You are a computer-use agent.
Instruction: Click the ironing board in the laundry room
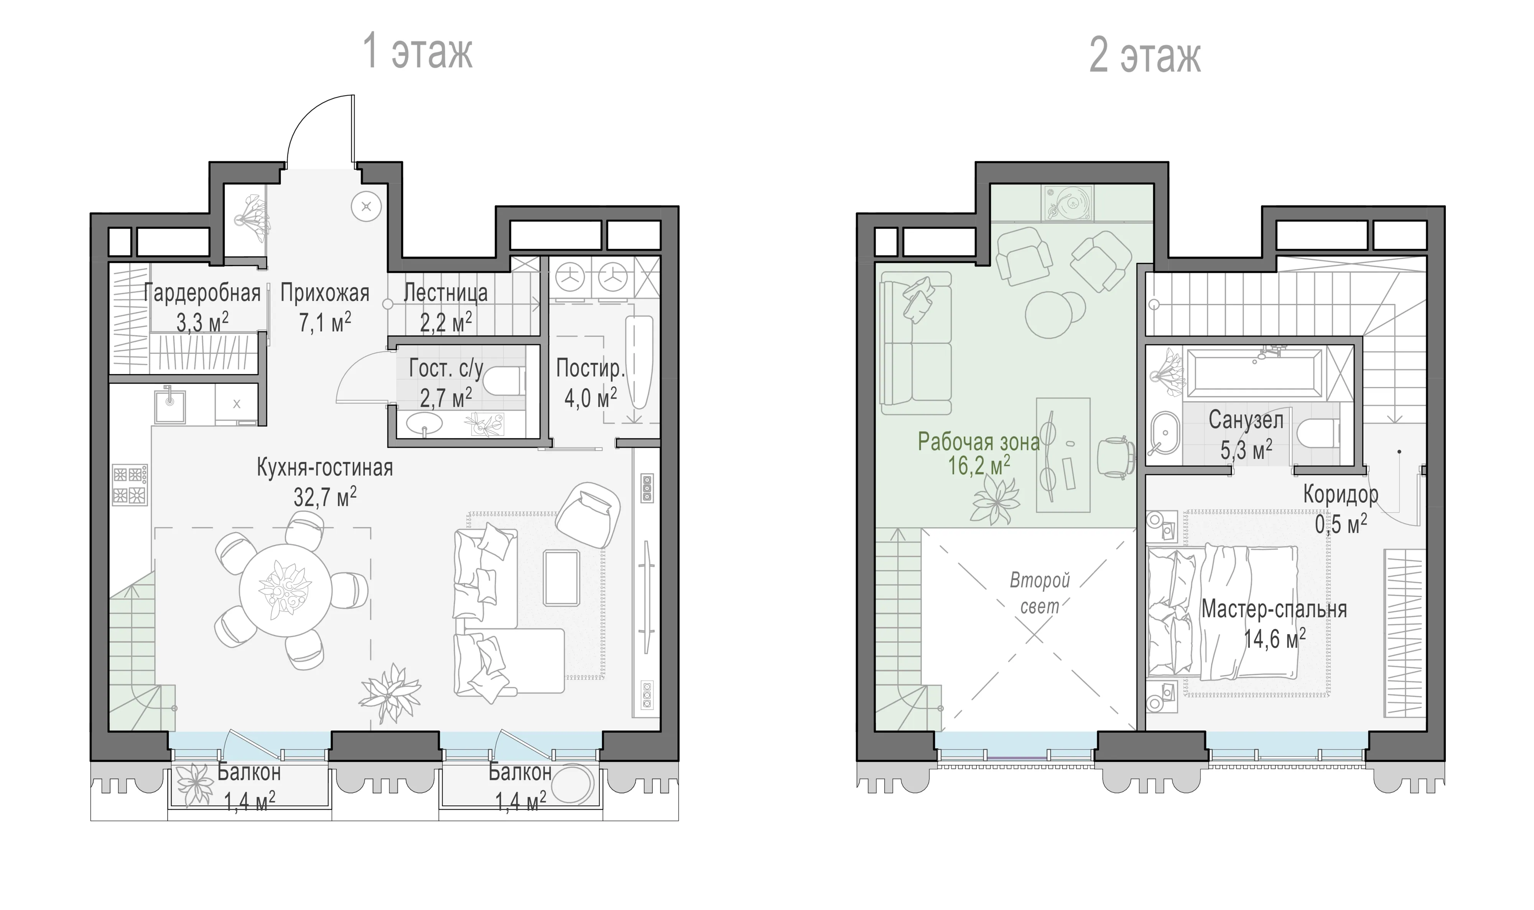pos(639,362)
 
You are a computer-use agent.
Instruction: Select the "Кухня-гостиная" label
pos(325,468)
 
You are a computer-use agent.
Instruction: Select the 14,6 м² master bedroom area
pos(1275,640)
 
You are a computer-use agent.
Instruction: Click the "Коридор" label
pos(1341,494)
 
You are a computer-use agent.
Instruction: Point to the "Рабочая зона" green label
pos(979,442)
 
